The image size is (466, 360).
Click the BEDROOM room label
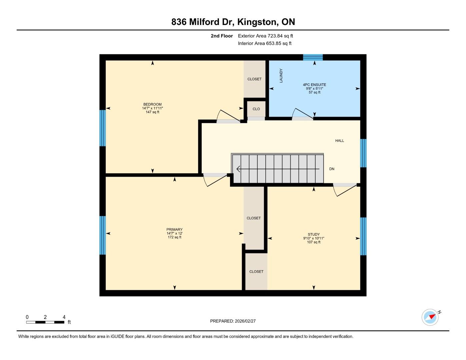pos(152,104)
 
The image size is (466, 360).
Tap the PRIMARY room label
pos(175,229)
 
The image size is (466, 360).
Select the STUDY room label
pos(314,234)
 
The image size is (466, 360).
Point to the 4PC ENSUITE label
pos(314,85)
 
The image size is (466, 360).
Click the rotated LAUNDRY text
pos(281,75)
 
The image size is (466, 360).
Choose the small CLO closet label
pos(256,109)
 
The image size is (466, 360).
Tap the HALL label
pos(340,141)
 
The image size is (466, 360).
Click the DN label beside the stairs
pos(332,169)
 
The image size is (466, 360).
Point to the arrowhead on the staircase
pos(238,169)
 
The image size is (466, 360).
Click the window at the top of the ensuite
pos(313,57)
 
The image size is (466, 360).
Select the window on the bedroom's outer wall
pos(103,128)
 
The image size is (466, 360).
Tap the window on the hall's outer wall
pos(363,153)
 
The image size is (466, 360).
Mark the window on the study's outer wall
pos(363,236)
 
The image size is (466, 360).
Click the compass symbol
pos(430,317)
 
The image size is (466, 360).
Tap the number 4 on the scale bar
pos(64,317)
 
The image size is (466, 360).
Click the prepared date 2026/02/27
pos(245,321)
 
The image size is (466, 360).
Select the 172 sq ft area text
pos(175,237)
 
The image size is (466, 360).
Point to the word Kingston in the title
pos(257,22)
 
